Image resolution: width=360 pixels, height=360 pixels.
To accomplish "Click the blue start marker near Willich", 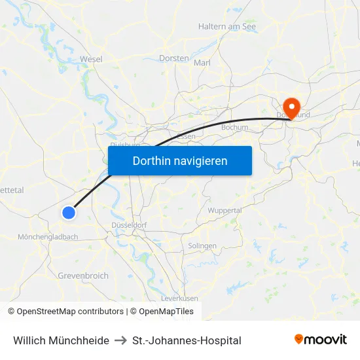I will click(69, 212).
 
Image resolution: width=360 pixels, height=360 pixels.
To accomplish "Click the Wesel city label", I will click(91, 59).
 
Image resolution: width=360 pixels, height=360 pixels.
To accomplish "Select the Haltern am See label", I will click(227, 27).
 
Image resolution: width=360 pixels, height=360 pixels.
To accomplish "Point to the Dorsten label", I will click(174, 58).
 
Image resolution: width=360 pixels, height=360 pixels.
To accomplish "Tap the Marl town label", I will click(202, 63).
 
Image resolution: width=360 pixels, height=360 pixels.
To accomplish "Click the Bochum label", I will click(235, 128).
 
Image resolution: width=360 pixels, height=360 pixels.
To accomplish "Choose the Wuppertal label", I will click(225, 211).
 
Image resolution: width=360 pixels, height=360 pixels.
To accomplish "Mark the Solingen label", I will click(202, 245).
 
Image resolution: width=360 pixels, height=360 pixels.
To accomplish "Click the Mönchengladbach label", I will click(48, 236).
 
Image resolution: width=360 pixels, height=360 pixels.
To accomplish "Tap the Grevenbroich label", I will click(83, 276).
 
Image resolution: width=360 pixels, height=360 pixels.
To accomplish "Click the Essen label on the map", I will click(187, 136).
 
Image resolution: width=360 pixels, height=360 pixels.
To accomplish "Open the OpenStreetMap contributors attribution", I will click(70, 312).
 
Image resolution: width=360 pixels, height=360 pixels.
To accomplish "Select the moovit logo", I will click(321, 340).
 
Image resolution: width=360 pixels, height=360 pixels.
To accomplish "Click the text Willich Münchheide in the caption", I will click(61, 340).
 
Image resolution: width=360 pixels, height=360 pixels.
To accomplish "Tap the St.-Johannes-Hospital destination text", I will click(187, 340).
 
